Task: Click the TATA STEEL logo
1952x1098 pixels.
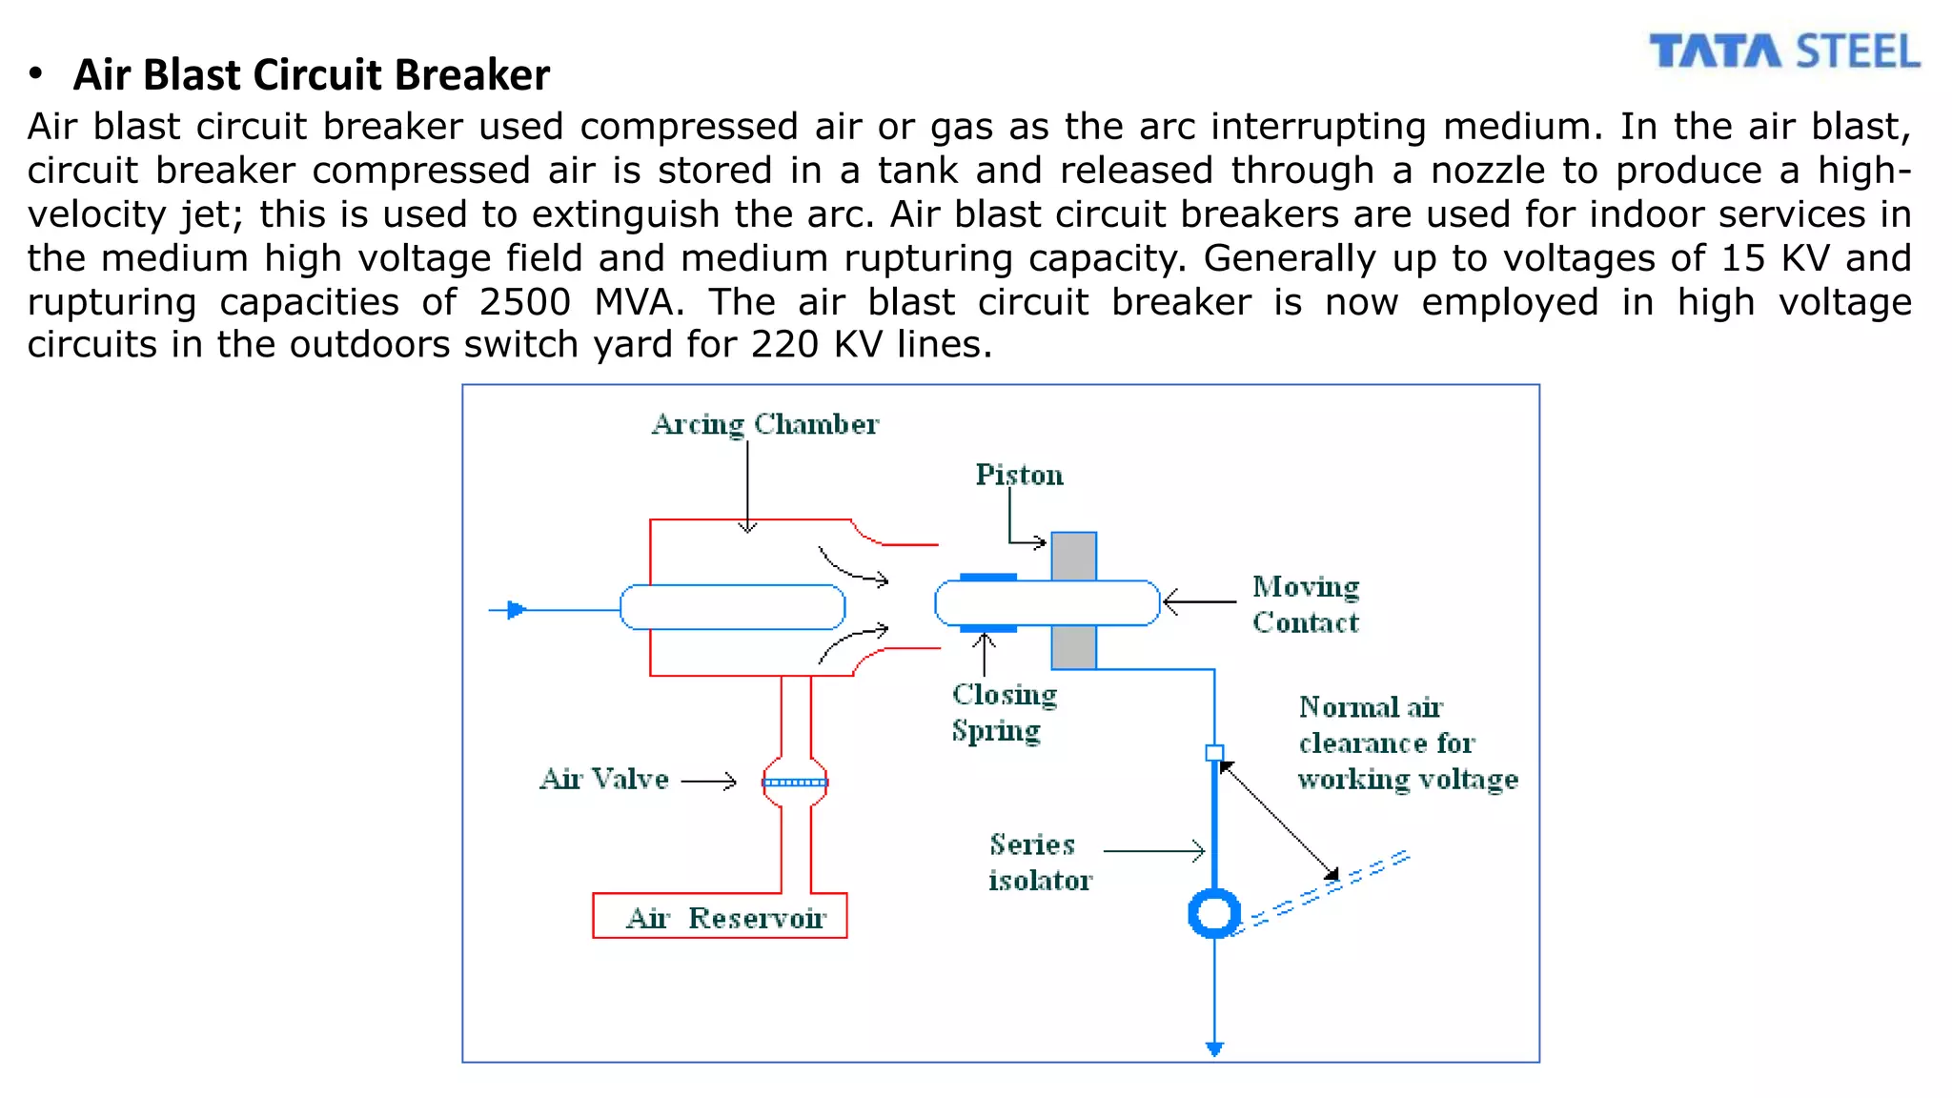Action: click(1784, 51)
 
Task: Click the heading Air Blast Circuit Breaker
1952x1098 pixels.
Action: click(312, 75)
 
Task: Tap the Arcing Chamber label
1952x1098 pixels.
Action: click(764, 424)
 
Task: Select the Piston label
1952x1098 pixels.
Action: click(1019, 475)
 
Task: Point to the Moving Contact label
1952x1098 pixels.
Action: click(1305, 604)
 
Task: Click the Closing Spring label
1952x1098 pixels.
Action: click(1004, 712)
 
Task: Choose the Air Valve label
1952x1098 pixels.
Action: click(604, 780)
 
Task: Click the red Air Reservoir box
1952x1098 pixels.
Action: click(720, 916)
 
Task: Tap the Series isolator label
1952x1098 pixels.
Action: click(1039, 862)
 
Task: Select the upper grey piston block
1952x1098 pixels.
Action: click(1074, 557)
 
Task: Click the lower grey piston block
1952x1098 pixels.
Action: click(1074, 647)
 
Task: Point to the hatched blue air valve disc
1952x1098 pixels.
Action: click(796, 783)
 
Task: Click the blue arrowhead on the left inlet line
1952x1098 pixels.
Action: click(516, 610)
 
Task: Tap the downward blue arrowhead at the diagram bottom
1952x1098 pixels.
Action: click(1214, 1049)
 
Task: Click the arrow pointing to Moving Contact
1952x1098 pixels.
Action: click(1199, 602)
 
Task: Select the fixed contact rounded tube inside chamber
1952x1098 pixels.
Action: click(732, 607)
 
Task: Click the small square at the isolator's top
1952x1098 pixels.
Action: click(1214, 753)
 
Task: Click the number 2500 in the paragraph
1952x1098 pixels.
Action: click(524, 302)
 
